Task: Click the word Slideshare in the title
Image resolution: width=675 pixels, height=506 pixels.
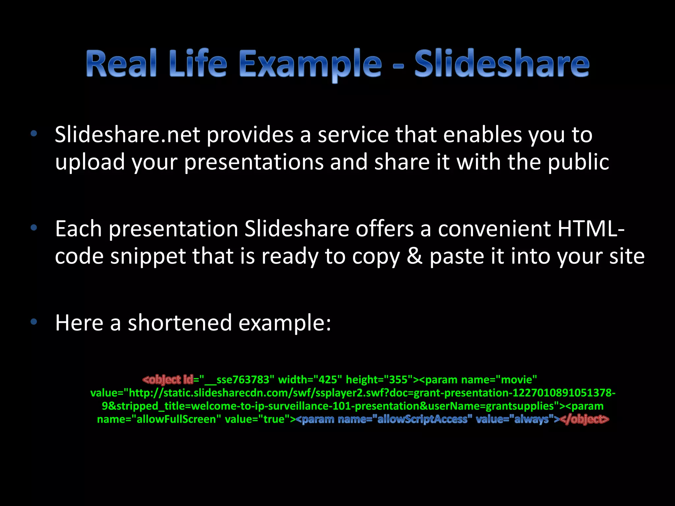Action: coord(502,63)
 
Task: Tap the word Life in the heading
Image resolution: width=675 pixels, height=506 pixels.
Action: coord(198,63)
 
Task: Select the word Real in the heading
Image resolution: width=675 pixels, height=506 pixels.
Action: coord(121,63)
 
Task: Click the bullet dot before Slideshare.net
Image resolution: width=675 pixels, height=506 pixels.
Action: coord(33,134)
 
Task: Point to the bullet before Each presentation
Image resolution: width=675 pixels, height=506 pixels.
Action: coord(33,228)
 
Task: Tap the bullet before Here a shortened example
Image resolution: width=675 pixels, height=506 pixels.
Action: coord(33,322)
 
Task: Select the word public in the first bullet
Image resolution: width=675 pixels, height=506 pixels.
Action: coord(578,162)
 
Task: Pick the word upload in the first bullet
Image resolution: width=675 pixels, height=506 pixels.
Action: coord(90,162)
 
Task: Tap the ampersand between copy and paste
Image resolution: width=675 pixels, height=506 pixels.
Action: coord(414,256)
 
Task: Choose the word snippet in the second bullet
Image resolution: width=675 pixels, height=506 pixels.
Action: coord(148,257)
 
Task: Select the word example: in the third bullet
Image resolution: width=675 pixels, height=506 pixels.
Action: coord(285,323)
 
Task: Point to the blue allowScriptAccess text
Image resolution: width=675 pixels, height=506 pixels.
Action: coord(422,419)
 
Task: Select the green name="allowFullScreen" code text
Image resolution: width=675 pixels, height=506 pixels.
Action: coord(157,419)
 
